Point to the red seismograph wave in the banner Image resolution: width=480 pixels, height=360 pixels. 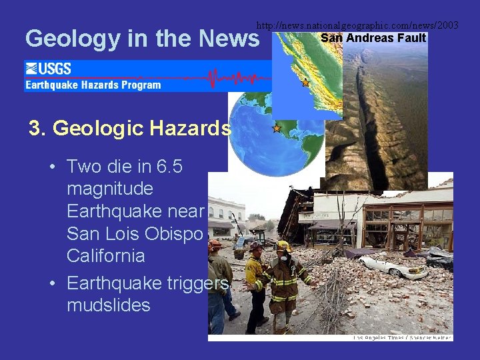click(213, 77)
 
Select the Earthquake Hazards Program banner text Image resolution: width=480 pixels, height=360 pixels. click(93, 85)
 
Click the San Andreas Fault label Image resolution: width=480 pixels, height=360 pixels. click(373, 38)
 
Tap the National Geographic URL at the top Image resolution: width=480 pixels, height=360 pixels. click(357, 25)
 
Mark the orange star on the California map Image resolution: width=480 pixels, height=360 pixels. click(305, 83)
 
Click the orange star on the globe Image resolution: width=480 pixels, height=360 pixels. click(276, 127)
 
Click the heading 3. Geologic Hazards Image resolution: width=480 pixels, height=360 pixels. click(130, 128)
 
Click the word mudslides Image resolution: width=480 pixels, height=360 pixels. click(109, 305)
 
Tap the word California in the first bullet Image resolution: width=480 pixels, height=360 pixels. click(106, 256)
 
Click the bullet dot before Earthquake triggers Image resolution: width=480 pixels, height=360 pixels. click(52, 283)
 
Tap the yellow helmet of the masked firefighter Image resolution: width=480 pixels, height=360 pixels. click(283, 246)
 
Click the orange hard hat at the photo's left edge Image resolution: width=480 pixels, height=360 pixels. click(214, 245)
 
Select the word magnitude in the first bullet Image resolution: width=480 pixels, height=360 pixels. click(110, 189)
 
